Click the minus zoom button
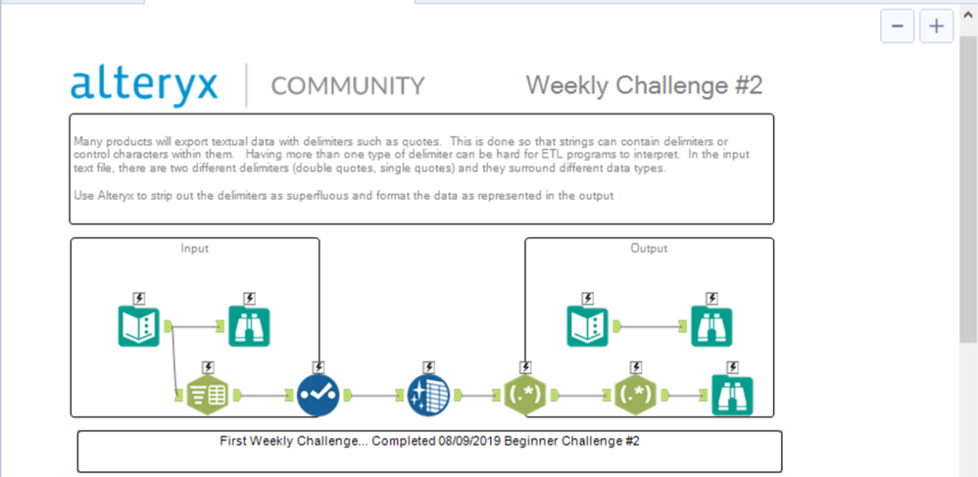pos(897,26)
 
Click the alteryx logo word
pos(144,84)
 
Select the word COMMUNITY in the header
pos(348,86)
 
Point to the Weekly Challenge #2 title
pos(644,85)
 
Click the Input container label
pos(195,249)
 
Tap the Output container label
pos(649,249)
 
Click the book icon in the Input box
pos(138,326)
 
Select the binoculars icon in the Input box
pos(249,326)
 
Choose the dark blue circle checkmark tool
pos(318,396)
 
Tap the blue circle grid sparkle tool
pos(427,396)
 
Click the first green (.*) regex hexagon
pos(524,396)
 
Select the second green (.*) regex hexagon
pos(635,396)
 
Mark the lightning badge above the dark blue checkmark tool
pos(318,367)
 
